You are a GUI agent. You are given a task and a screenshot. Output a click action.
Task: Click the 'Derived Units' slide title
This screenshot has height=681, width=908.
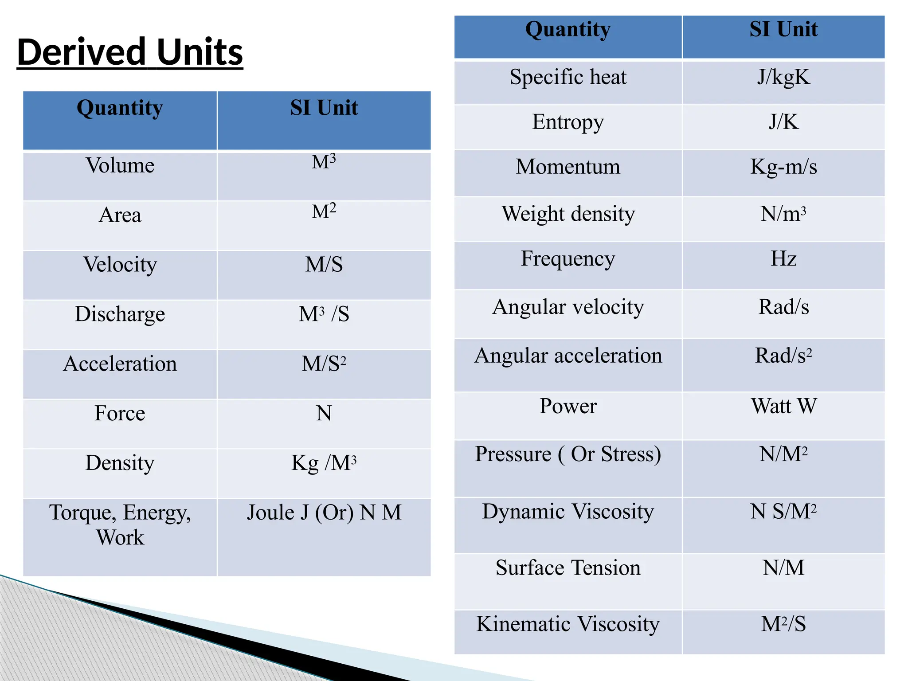(130, 52)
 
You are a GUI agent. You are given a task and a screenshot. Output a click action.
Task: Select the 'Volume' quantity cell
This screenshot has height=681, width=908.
(120, 166)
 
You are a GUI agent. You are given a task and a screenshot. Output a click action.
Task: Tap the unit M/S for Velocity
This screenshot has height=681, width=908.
(324, 265)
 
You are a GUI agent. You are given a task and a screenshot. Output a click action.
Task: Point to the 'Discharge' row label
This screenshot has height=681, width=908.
(120, 314)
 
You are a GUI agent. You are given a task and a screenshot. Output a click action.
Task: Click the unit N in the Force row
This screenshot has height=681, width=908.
(324, 413)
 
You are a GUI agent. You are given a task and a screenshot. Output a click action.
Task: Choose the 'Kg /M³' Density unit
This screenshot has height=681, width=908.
(324, 463)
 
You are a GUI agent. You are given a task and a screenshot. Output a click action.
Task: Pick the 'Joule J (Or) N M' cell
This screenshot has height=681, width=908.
(324, 513)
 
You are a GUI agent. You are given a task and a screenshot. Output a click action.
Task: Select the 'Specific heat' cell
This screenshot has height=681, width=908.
(568, 77)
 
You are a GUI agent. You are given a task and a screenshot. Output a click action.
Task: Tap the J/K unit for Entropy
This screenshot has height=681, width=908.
(783, 122)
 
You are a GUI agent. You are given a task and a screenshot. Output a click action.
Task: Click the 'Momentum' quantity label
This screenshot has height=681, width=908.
(568, 167)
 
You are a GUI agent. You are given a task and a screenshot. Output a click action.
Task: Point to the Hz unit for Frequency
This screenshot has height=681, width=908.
(783, 258)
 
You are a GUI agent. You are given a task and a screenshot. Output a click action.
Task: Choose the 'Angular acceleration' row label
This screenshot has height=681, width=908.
(568, 356)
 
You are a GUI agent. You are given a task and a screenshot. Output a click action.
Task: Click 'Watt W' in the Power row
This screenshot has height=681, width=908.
(783, 406)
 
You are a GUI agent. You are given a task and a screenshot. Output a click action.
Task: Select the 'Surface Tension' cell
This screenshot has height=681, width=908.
(568, 568)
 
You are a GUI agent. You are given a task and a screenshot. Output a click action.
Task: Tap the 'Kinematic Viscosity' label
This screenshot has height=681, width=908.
(568, 624)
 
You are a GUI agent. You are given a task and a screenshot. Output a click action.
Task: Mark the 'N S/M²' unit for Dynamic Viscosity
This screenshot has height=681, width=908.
(783, 512)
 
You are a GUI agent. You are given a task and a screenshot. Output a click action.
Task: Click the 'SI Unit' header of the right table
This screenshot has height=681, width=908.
(783, 30)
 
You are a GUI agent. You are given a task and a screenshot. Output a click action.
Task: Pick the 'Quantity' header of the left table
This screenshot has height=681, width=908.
(120, 108)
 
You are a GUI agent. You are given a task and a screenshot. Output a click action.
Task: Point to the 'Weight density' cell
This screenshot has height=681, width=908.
(568, 214)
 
